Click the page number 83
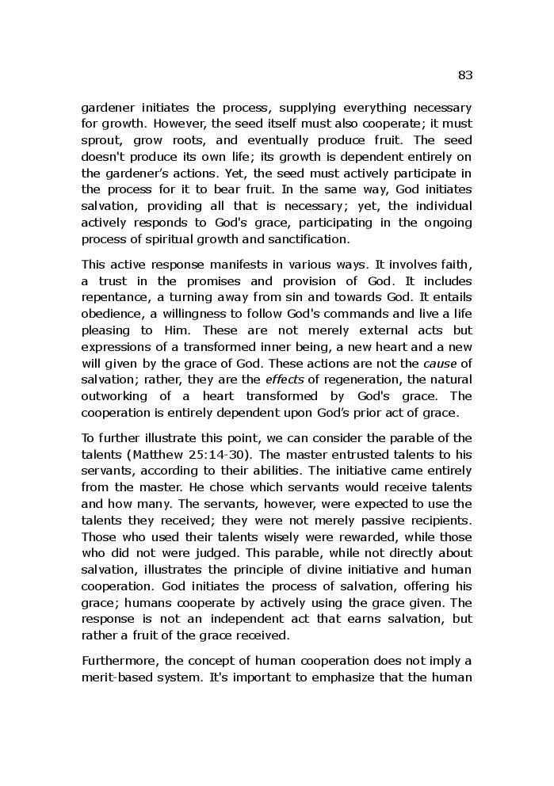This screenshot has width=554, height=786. tap(464, 75)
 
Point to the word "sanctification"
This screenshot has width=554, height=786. tap(307, 238)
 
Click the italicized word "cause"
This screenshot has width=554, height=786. tap(439, 363)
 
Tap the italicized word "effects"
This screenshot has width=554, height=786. tap(285, 380)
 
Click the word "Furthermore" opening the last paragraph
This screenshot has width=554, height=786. tap(118, 660)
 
